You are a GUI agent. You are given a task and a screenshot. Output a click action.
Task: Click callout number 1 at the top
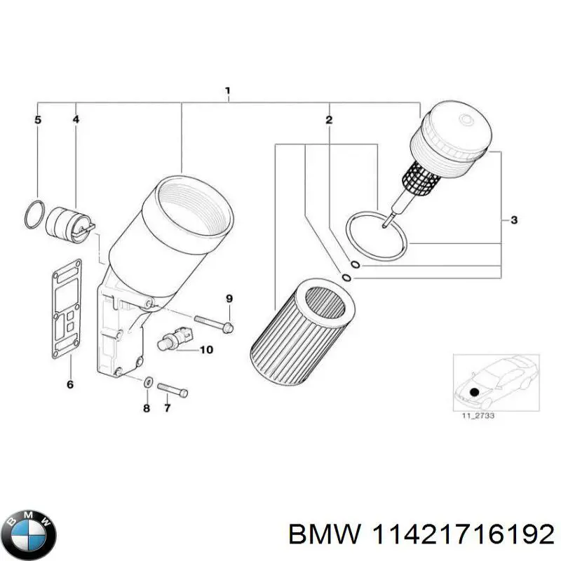228,91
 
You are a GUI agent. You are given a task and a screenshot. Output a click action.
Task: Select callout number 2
328,121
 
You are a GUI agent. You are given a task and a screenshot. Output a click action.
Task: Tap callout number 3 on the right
513,221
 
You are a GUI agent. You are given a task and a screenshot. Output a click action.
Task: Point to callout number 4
76,120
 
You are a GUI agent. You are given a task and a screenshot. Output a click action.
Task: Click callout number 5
39,120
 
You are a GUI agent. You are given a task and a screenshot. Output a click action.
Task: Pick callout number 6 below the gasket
69,384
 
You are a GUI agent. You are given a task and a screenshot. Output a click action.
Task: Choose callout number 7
167,408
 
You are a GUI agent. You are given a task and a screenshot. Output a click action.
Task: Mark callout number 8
146,408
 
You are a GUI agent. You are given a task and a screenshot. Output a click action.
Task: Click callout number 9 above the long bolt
228,300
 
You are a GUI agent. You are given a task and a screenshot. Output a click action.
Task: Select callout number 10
206,349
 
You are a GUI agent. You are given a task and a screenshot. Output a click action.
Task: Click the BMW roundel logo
29,534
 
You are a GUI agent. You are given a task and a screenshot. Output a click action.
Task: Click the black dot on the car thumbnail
474,393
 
